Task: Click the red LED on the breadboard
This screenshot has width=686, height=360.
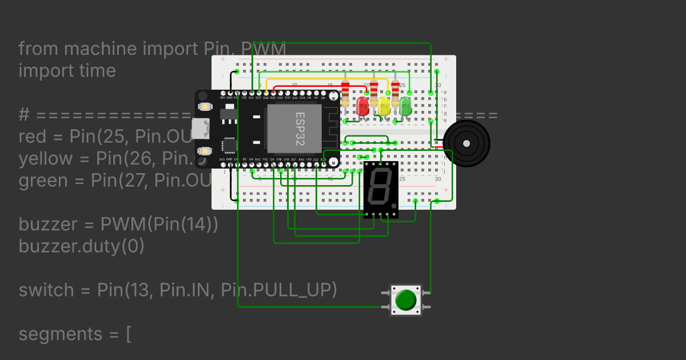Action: click(362, 106)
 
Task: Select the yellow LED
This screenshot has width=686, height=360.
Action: click(384, 106)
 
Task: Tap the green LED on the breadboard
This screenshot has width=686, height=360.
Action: click(405, 106)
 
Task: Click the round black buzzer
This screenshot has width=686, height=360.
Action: click(466, 143)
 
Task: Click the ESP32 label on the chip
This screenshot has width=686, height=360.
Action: click(300, 129)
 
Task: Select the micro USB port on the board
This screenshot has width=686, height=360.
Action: click(200, 129)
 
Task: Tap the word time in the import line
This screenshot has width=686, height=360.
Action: click(97, 71)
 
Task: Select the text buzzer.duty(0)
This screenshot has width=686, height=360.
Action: click(81, 246)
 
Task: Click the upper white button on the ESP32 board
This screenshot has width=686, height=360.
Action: click(204, 106)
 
